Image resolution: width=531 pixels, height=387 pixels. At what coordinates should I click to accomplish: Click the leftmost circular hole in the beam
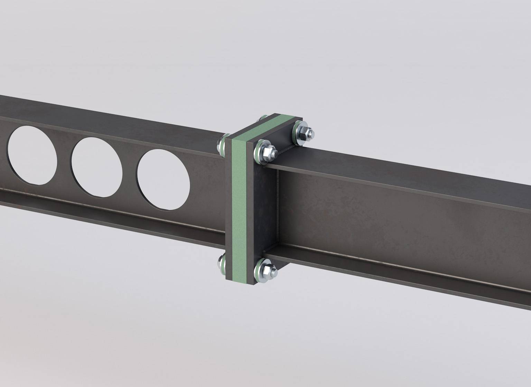(x=32, y=155)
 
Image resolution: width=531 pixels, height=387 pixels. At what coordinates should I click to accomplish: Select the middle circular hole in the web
(x=97, y=168)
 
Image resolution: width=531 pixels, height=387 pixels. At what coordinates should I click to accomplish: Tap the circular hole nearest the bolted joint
(x=164, y=179)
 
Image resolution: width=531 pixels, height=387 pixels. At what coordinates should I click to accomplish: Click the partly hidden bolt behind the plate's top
(x=262, y=119)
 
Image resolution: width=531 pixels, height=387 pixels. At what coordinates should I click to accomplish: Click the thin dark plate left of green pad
(x=228, y=207)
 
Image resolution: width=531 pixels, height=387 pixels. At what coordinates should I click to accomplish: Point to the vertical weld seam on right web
(x=278, y=207)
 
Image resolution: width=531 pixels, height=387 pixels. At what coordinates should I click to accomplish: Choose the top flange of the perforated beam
(x=104, y=114)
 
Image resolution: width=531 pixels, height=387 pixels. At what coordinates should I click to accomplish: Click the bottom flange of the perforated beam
(x=104, y=211)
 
